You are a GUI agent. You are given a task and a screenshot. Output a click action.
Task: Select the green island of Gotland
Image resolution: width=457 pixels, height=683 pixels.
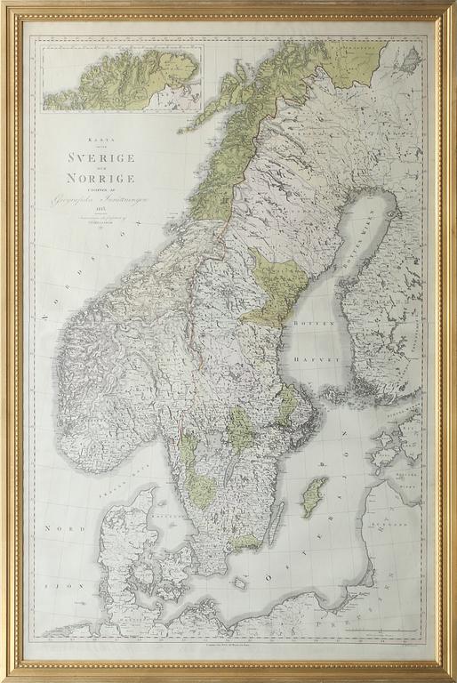click(x=314, y=496)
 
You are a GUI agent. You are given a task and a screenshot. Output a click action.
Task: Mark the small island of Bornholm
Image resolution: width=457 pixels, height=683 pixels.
click(x=238, y=584)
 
